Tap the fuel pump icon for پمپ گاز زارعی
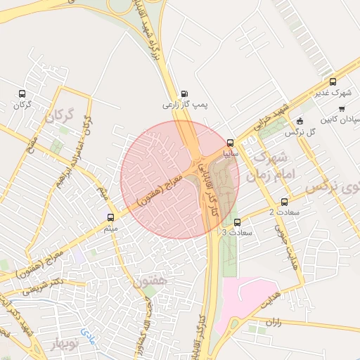[184, 94]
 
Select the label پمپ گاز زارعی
[178, 105]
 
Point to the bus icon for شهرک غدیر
[333, 82]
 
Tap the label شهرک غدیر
[333, 93]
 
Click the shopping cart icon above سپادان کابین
[342, 109]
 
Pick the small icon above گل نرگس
[300, 120]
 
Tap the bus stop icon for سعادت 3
[237, 222]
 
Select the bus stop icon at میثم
[110, 217]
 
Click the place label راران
[273, 321]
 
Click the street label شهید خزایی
[271, 117]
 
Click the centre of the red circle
[180, 179]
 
